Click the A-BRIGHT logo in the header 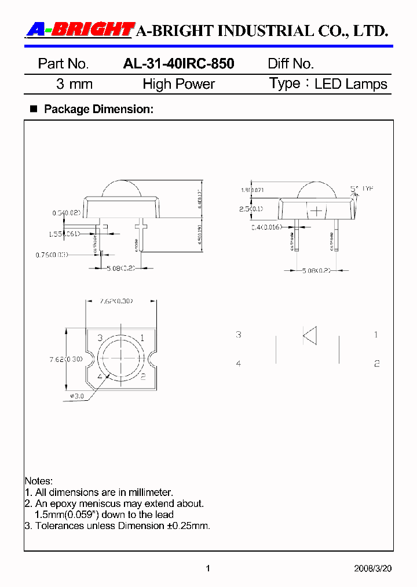[80, 30]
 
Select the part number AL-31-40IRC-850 [178, 64]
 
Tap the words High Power [178, 84]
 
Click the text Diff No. [290, 64]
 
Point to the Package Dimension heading [98, 108]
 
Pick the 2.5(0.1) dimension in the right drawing [251, 208]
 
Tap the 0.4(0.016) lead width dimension [267, 227]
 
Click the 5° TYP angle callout [362, 189]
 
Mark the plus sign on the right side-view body [316, 210]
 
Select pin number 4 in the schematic [239, 364]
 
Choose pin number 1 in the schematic [376, 335]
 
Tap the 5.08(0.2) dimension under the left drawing [121, 269]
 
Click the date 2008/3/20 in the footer [372, 568]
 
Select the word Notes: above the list [39, 481]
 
